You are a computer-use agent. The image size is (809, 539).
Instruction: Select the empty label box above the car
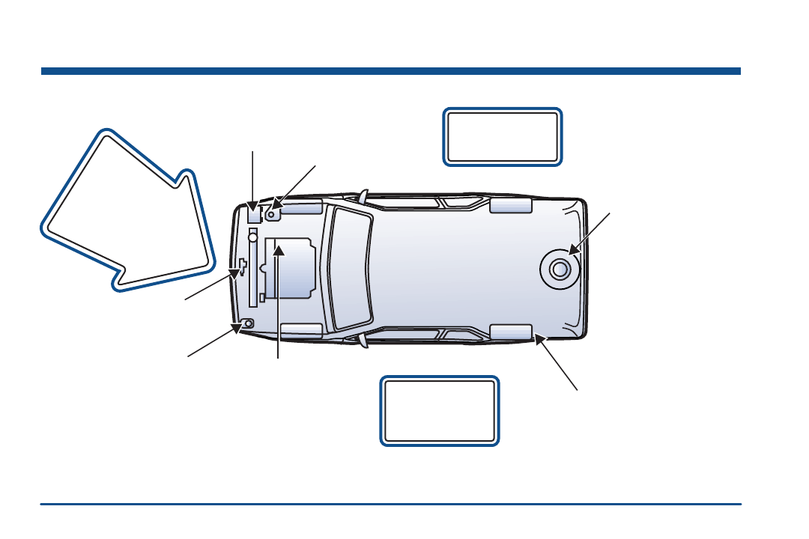tap(502, 136)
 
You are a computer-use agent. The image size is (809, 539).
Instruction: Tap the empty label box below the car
tap(440, 411)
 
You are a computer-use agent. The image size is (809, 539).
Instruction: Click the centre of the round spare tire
tap(558, 269)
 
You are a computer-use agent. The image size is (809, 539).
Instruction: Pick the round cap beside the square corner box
tap(273, 213)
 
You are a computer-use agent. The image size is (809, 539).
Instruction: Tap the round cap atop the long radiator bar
tap(253, 237)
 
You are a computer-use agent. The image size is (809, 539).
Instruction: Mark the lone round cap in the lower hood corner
tap(248, 323)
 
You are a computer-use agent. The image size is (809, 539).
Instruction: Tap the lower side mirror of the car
tap(363, 341)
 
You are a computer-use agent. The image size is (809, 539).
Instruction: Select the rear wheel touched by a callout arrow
tap(510, 332)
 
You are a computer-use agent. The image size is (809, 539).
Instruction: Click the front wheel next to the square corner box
tap(301, 206)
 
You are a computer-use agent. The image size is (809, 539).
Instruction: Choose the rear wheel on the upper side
tap(510, 205)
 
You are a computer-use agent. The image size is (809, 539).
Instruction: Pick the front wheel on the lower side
tap(301, 331)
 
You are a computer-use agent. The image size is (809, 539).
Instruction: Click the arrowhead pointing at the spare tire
tap(573, 251)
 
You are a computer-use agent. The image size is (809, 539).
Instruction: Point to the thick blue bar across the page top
tap(390, 71)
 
